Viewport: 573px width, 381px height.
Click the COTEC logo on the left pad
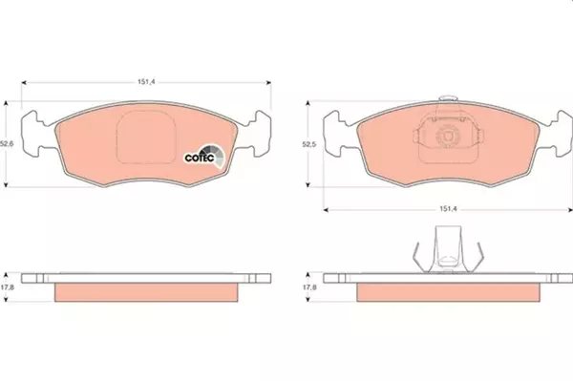[204, 157]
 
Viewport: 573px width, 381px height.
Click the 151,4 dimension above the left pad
[146, 82]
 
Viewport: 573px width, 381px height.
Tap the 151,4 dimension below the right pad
[448, 209]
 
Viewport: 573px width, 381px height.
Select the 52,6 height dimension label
[7, 144]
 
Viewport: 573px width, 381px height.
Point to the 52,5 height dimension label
[308, 144]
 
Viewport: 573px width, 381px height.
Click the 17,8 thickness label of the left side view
[7, 287]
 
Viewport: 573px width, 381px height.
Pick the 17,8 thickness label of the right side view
[309, 287]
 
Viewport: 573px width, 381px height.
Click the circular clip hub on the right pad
[448, 136]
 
